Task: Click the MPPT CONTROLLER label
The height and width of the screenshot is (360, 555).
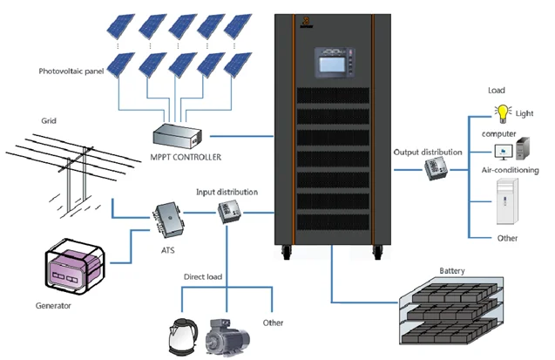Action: (186, 157)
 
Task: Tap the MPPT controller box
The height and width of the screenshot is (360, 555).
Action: (178, 136)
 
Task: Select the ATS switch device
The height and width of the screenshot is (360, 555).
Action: (168, 220)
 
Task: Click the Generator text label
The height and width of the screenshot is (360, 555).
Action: (53, 305)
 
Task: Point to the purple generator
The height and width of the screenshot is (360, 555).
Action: (74, 268)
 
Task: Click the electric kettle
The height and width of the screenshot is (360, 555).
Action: (183, 336)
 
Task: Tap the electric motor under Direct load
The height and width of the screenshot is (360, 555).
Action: (227, 337)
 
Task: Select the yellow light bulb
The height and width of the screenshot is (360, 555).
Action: (503, 113)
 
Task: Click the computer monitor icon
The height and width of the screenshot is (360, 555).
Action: (504, 152)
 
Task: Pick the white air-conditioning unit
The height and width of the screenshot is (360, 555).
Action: (507, 201)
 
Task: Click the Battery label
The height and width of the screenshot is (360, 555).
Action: (452, 271)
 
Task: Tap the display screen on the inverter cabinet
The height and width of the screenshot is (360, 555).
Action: (332, 65)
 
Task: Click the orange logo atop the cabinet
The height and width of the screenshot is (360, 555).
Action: (306, 22)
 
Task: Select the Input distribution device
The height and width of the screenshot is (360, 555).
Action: (229, 212)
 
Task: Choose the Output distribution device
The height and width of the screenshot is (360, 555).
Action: (436, 168)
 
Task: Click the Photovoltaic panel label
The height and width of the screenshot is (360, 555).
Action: (71, 71)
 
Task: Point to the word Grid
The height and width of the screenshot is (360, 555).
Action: (49, 120)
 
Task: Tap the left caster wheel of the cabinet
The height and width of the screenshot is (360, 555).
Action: (286, 253)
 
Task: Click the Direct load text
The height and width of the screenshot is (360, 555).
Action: (203, 277)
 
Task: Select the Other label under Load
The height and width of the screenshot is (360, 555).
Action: (507, 238)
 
